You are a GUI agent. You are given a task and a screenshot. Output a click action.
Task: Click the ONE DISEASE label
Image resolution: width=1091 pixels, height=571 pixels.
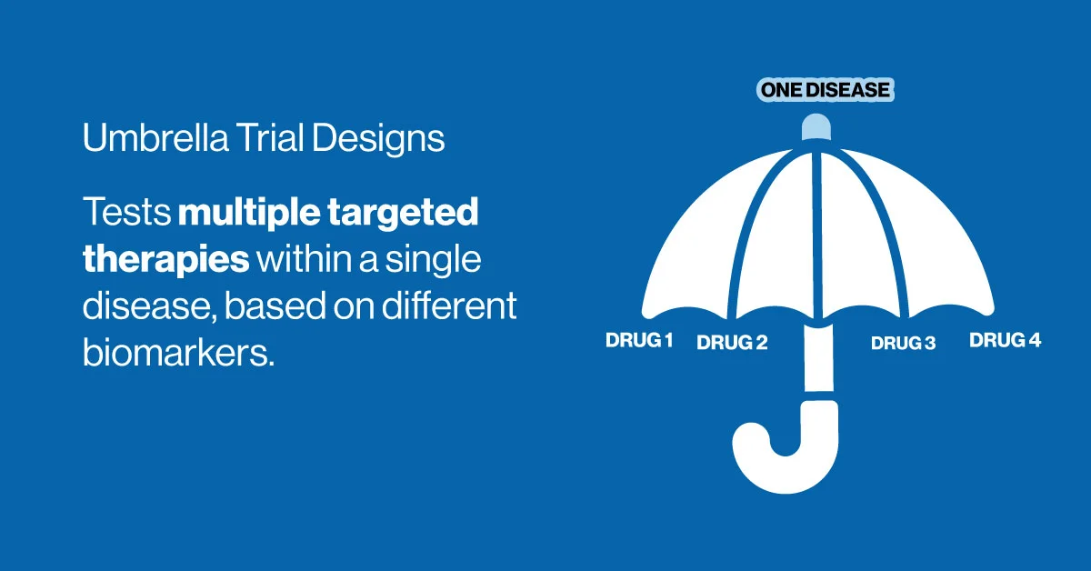click(826, 90)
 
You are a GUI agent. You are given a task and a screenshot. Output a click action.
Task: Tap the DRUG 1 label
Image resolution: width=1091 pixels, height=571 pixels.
click(639, 340)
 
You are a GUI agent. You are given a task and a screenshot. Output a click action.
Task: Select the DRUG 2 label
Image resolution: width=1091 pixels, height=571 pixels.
click(732, 343)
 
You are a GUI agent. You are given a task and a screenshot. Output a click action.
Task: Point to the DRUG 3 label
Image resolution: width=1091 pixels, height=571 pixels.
click(904, 343)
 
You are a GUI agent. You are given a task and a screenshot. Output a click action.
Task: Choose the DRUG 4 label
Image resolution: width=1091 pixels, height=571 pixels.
click(1006, 340)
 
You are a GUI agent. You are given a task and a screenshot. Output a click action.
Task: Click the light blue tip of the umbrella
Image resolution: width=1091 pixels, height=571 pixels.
click(816, 126)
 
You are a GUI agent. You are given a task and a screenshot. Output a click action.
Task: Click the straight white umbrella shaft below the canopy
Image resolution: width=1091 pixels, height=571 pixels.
click(819, 357)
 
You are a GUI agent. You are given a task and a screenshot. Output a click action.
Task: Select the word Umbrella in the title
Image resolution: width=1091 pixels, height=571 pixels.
click(155, 137)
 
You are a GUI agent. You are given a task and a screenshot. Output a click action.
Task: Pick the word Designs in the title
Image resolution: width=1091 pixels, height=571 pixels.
click(378, 139)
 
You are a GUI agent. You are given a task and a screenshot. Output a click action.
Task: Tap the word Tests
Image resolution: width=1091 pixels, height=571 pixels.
click(127, 212)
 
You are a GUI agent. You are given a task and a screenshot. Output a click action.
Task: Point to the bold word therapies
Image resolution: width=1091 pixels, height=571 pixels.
click(166, 260)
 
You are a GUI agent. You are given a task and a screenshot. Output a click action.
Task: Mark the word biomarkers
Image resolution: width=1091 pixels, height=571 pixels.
click(179, 352)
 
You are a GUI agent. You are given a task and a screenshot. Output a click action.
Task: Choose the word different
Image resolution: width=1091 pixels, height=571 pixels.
click(449, 306)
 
